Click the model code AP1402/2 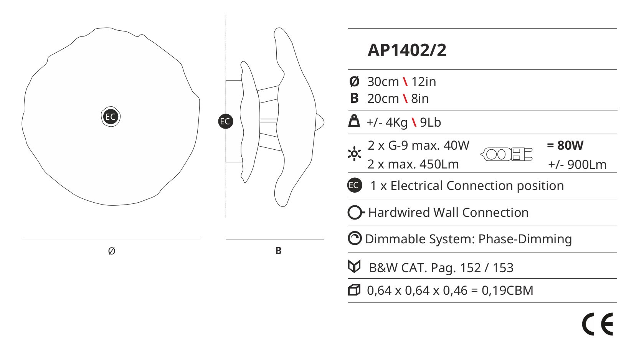(407, 50)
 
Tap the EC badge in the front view (111, 117)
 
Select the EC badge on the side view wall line (226, 121)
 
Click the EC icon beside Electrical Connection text (355, 185)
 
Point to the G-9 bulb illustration (506, 154)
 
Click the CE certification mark (597, 324)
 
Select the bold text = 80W (565, 145)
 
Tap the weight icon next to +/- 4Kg (354, 121)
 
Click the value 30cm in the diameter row (383, 82)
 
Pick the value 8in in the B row (420, 99)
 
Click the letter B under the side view (278, 251)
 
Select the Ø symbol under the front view (112, 251)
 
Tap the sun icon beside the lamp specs (354, 154)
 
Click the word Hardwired (398, 213)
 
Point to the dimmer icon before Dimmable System (355, 238)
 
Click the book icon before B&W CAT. (354, 266)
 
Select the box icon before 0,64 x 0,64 (354, 290)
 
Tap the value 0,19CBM (507, 291)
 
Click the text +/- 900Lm (577, 165)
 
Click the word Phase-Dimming (525, 239)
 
